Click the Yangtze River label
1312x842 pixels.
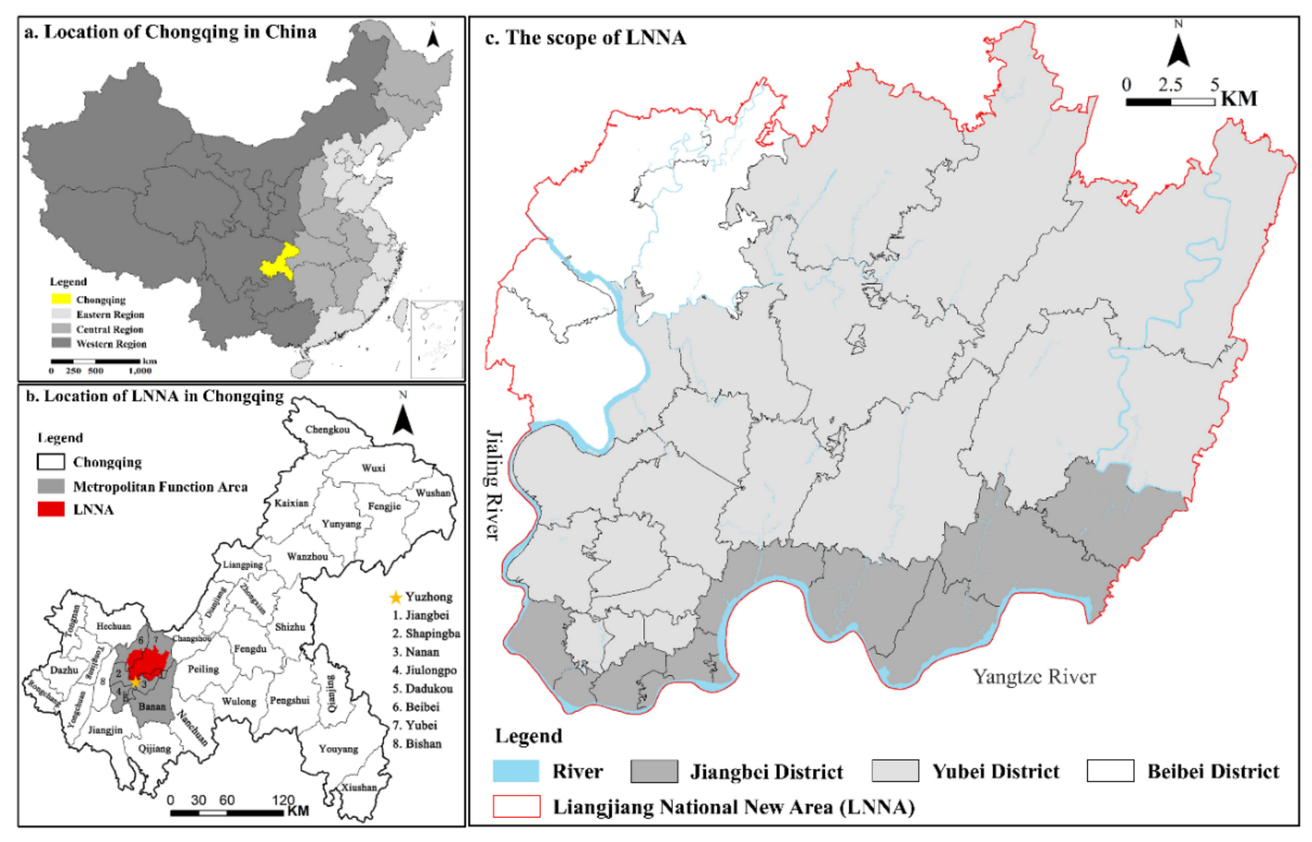1034,677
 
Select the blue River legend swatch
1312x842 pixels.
515,771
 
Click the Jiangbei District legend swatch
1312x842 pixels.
653,771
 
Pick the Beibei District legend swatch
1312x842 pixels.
1110,771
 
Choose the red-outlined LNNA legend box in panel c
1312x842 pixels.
516,806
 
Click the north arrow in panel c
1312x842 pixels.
1178,52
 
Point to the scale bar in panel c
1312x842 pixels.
1170,102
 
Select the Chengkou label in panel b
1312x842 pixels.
327,430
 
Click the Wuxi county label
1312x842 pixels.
373,468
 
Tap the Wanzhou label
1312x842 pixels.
307,557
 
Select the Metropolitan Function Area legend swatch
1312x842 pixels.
51,486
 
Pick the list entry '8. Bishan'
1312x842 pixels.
417,744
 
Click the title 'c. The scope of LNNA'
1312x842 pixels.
585,38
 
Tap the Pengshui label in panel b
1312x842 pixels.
290,701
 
